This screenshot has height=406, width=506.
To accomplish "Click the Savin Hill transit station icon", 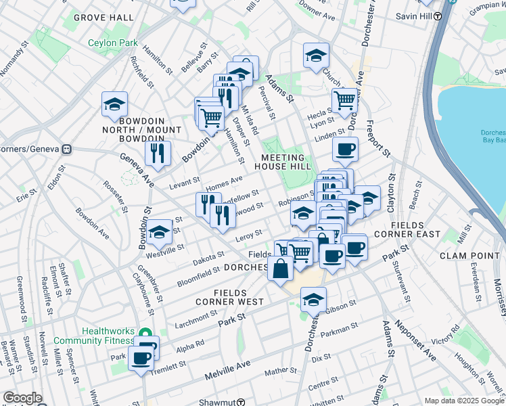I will pos(438,15).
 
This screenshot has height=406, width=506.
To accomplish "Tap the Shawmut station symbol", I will pos(241,402).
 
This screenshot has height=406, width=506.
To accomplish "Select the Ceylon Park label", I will pos(114,42).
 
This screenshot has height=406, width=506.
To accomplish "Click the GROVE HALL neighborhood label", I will pos(103,17).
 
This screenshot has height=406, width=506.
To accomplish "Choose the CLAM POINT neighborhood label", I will pos(469,255).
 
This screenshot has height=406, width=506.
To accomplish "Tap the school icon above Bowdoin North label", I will pos(115,105).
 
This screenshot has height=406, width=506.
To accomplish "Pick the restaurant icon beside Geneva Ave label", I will pos(158,154).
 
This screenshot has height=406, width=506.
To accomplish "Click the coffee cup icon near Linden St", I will pos(345,149).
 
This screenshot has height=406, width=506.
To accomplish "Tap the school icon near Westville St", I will pos(160,233).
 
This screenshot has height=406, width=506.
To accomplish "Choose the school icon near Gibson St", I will pos(313,300).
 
